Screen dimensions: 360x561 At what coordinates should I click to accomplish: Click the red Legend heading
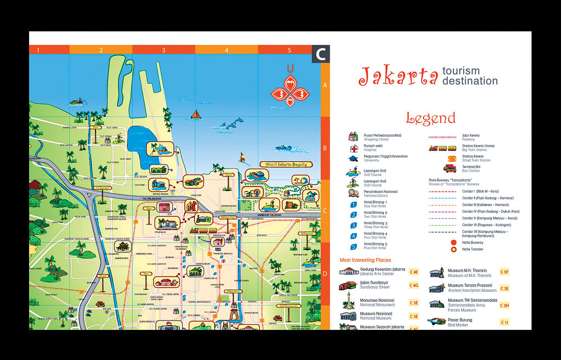pyautogui.click(x=430, y=118)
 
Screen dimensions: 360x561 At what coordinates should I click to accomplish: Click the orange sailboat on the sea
pyautogui.click(x=196, y=115)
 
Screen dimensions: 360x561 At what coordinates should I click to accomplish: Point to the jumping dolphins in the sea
pyautogui.click(x=230, y=125)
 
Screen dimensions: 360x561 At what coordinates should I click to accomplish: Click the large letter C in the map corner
pyautogui.click(x=320, y=54)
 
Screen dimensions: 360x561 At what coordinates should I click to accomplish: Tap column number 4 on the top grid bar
pyautogui.click(x=226, y=50)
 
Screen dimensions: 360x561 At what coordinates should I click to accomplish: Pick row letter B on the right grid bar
pyautogui.click(x=325, y=148)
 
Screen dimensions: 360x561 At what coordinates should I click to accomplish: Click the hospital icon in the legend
pyautogui.click(x=354, y=148)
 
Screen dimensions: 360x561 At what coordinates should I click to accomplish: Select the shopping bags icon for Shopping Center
pyautogui.click(x=354, y=137)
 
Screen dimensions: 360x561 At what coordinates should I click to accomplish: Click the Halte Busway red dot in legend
pyautogui.click(x=453, y=242)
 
